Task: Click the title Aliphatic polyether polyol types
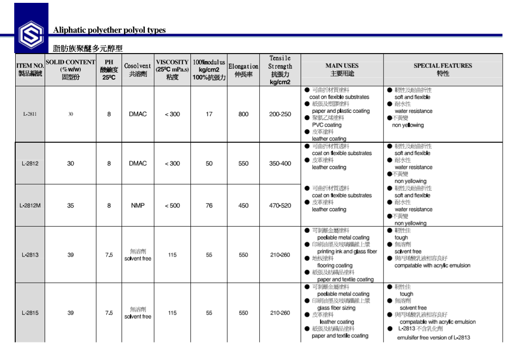109,30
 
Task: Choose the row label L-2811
30,114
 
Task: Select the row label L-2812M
30,206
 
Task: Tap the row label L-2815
30,313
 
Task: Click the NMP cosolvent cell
137,206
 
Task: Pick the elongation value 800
244,114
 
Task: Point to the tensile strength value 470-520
280,206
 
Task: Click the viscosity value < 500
172,206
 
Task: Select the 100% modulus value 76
209,206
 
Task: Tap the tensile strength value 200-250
280,114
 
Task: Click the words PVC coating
327,125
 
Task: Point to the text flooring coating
335,266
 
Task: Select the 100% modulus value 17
209,114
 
